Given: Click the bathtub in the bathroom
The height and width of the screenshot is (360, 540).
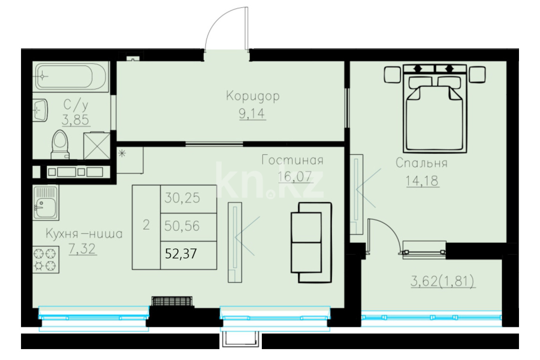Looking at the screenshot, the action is tap(70, 76).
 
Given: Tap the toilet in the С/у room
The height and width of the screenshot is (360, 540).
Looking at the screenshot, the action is tap(60, 145).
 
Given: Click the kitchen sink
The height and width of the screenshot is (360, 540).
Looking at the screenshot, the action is tap(46, 203).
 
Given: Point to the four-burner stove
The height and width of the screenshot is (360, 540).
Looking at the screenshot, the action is tap(46, 260).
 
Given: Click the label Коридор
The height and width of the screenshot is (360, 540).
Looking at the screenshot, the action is tap(253, 97).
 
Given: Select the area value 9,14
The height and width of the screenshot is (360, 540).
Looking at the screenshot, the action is tap(252, 114).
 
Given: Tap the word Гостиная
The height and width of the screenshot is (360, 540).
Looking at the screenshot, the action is tap(293, 160).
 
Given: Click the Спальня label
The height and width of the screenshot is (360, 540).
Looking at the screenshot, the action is tap(422, 163).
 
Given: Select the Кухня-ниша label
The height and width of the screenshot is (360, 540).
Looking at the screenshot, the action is tap(84, 234).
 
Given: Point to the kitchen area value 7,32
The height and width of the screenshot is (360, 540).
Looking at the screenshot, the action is tap(82, 249).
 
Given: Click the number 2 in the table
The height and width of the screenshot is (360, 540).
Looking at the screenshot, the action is tap(146, 225).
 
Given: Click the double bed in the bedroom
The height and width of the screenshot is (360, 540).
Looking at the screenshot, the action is tap(435, 109).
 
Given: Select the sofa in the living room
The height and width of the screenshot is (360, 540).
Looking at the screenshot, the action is tap(311, 242).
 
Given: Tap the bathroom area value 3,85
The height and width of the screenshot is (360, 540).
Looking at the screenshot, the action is tap(76, 120).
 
